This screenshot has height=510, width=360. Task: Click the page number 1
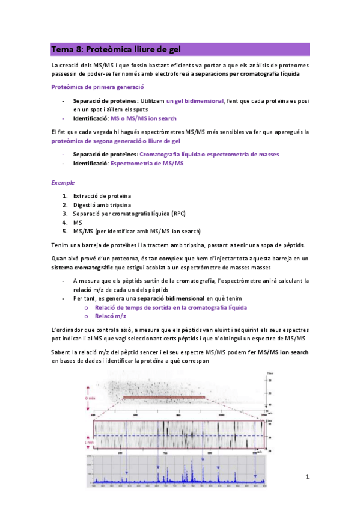tap(307, 477)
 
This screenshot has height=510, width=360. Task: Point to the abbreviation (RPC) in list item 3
tap(178, 214)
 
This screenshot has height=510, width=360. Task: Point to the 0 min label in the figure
tap(91, 398)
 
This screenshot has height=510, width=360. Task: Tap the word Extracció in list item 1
tap(86, 197)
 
